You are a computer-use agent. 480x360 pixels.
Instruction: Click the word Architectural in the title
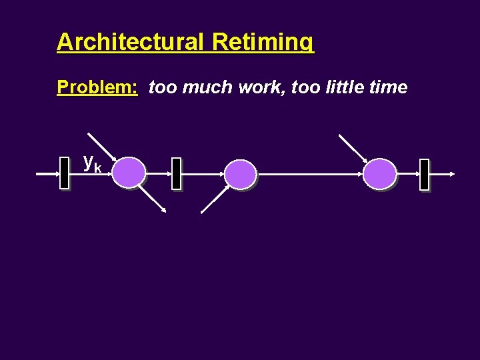(x=130, y=42)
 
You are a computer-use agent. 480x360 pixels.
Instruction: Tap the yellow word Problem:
(x=97, y=87)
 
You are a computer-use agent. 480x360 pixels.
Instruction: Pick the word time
(x=390, y=87)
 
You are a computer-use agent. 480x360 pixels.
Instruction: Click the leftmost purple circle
(x=128, y=173)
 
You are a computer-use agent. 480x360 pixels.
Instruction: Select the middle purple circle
(x=240, y=174)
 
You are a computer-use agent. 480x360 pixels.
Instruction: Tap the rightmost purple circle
(x=379, y=173)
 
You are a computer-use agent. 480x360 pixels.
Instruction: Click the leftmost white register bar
(x=65, y=173)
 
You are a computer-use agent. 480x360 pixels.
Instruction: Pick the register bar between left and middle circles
(x=176, y=174)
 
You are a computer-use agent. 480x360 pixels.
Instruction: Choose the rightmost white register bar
(x=424, y=175)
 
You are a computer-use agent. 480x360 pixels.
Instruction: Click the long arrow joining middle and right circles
(x=310, y=174)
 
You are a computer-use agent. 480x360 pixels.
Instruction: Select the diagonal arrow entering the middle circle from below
(x=215, y=199)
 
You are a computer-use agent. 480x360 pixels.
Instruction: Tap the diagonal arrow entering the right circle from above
(x=353, y=148)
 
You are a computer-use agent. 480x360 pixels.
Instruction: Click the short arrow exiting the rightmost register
(x=442, y=174)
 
